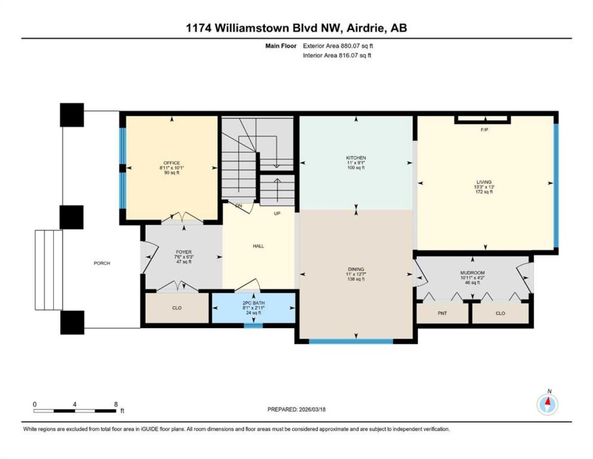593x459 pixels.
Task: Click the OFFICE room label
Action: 172,163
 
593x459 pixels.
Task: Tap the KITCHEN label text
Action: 356,158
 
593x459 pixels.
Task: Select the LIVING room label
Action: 484,182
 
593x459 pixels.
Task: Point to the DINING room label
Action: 356,269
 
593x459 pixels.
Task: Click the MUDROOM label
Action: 472,273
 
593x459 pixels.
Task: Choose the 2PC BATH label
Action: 254,303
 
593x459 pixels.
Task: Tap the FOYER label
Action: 184,252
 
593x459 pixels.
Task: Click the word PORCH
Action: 102,263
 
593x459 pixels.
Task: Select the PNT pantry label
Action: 442,314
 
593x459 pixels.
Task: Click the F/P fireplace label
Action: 484,130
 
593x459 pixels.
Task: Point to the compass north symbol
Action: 547,402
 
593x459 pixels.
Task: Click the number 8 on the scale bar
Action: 116,404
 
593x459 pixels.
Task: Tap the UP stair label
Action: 277,213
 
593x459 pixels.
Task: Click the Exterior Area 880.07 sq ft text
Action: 338,46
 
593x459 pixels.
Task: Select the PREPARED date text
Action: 296,410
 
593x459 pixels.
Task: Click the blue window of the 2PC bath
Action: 253,326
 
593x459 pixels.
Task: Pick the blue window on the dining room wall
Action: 351,341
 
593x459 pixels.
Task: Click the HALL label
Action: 258,246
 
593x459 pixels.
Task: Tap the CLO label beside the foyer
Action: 177,308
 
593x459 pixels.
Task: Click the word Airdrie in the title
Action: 366,28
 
